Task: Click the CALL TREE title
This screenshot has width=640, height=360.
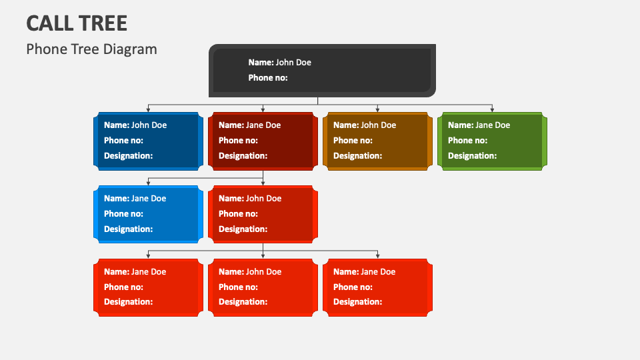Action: pos(77,23)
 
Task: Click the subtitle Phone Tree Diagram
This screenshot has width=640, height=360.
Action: pos(91,49)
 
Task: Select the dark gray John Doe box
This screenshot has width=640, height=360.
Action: pos(322,71)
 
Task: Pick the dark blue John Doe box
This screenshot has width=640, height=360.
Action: pos(148,141)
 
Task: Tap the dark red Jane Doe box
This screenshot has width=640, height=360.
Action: pos(263,141)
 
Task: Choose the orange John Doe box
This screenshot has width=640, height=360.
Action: pos(377,141)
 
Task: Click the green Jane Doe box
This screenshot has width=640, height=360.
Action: pos(492,141)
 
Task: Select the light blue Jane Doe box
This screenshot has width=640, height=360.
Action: pos(148,214)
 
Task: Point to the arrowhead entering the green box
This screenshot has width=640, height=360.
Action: pos(492,110)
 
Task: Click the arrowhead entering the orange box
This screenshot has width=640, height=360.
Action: pos(377,110)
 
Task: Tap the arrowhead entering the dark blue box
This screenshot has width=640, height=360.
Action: pos(148,110)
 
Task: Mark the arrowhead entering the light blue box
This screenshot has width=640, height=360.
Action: pos(148,183)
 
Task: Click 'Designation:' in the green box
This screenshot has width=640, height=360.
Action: pos(472,155)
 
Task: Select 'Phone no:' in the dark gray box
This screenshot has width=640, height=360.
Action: pos(268,77)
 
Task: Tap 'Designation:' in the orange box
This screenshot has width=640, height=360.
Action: pos(357,155)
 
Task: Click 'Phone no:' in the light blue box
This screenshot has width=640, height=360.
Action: pos(123,213)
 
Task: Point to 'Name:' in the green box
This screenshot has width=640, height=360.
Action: pos(461,125)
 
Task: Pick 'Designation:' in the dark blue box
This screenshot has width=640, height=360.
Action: pos(128,155)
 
